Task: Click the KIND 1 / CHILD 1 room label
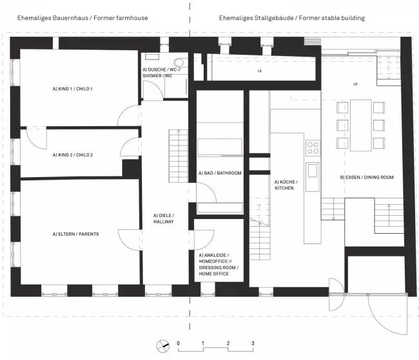click(x=72, y=89)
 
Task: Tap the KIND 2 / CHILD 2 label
click(x=73, y=155)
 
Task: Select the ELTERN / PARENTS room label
click(x=75, y=234)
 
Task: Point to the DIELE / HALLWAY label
click(x=164, y=218)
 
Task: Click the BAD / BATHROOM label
click(x=220, y=173)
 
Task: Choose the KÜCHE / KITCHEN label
click(x=286, y=185)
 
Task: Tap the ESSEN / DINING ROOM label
click(x=367, y=177)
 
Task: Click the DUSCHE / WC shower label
click(x=162, y=73)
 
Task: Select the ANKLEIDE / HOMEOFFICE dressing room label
click(x=219, y=265)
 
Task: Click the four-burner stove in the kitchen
click(x=313, y=147)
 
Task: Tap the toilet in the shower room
click(x=179, y=62)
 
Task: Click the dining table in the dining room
click(x=361, y=125)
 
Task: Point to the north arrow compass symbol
click(x=162, y=346)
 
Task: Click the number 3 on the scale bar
click(x=253, y=343)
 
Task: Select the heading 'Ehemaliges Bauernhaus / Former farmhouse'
click(x=83, y=18)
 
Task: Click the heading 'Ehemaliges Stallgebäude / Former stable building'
click(x=292, y=18)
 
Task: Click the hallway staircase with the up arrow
click(x=178, y=156)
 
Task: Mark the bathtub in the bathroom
click(x=220, y=147)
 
